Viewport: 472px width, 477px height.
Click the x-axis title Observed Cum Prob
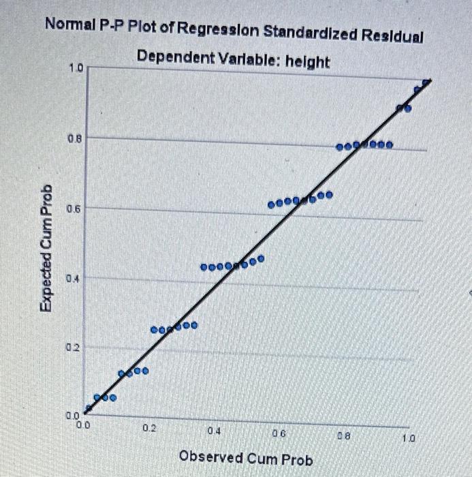click(246, 459)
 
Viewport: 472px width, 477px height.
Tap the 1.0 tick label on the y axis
click(75, 68)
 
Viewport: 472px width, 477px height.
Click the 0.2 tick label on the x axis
click(149, 429)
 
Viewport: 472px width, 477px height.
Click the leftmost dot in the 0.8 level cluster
click(340, 147)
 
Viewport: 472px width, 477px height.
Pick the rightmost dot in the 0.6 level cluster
click(330, 195)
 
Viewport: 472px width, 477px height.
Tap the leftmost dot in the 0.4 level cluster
click(204, 266)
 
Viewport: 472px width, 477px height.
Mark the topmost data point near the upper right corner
click(427, 82)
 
